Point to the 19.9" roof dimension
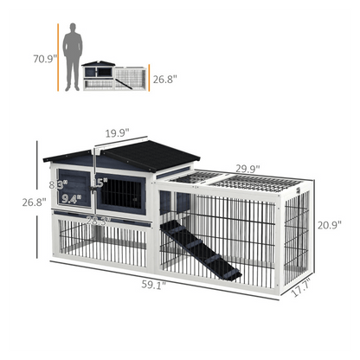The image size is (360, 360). click(118, 133)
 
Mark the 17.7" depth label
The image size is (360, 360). click(299, 292)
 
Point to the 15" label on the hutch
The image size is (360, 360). click(100, 183)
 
